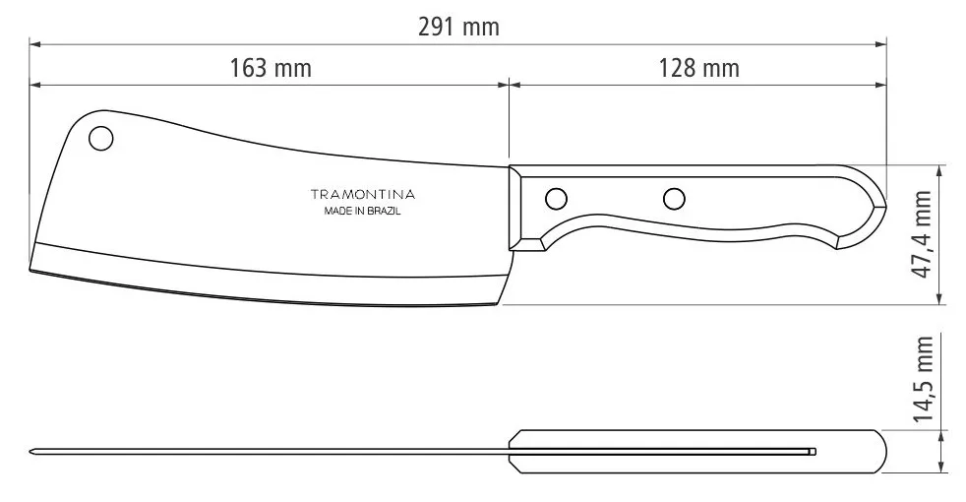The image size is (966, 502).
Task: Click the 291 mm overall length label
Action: pos(458,28)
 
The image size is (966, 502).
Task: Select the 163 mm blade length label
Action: pos(271,68)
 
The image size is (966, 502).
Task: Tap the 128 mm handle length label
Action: pos(698,68)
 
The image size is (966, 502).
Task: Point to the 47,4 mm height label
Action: pos(923,234)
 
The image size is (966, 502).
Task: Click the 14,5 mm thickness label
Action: pos(923,379)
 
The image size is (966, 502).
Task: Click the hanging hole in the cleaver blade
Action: pos(101,138)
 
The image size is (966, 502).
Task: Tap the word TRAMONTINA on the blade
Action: pos(362,195)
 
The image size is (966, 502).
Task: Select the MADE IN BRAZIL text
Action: pos(362,211)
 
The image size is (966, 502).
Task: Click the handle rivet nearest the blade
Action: pos(557,199)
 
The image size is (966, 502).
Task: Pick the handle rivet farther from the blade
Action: pos(674,199)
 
